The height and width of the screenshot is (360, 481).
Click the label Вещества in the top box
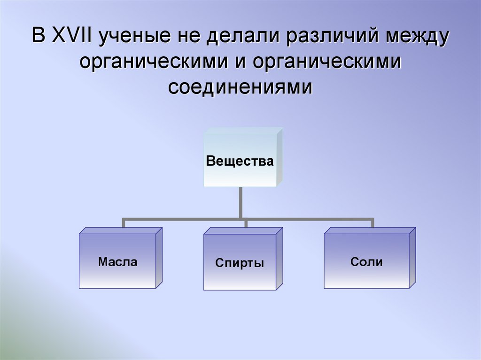click(240, 162)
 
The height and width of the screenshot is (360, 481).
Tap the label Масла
click(117, 261)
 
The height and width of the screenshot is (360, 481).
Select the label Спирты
click(240, 263)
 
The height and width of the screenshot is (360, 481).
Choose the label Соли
click(366, 262)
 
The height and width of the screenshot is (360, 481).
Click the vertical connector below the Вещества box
click(240, 202)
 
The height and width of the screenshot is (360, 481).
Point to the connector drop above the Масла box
click(124, 223)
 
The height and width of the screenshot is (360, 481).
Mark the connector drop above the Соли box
click(372, 223)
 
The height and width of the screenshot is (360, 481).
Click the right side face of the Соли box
click(412, 258)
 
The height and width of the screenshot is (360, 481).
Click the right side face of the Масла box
click(159, 258)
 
